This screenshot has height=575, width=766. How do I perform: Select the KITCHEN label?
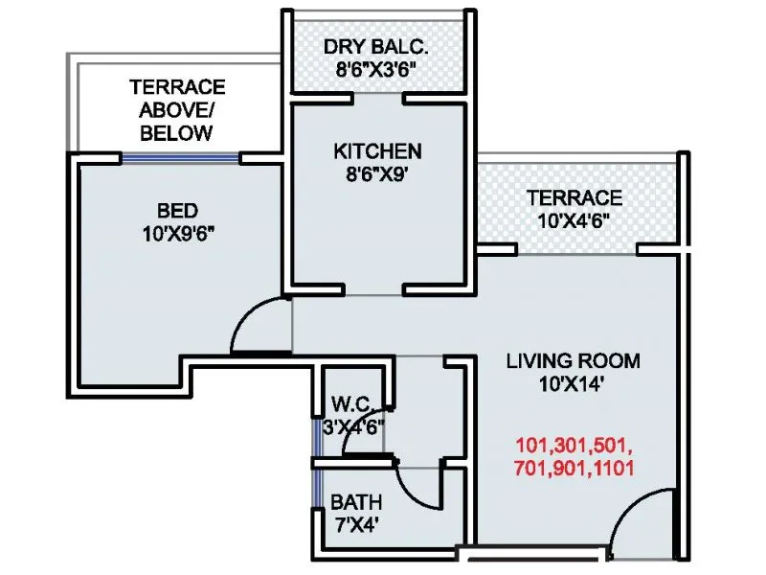pos(377,151)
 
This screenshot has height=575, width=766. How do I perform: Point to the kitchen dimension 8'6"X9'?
pos(377,174)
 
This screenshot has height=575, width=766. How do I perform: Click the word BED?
pos(178,210)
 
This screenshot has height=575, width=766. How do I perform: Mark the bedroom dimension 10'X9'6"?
pos(178,233)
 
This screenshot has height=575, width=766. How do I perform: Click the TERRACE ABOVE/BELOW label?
pos(177,109)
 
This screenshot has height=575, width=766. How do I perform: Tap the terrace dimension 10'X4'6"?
pos(574,221)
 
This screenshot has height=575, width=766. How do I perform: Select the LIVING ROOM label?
pos(573,361)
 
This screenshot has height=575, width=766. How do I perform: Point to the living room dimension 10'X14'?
pos(573,384)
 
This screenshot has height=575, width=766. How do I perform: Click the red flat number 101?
pos(532,447)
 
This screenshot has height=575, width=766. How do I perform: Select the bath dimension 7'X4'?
pos(355,525)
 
